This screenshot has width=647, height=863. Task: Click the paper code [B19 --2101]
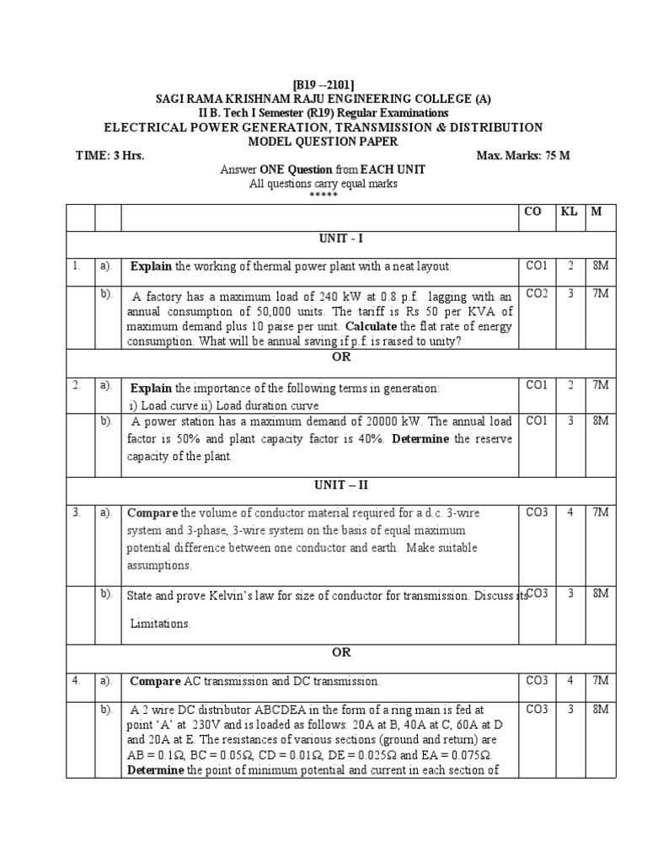(x=323, y=85)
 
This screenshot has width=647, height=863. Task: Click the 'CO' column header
(x=532, y=212)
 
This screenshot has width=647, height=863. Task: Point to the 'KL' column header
(x=569, y=212)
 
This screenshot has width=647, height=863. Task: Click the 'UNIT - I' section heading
(x=323, y=240)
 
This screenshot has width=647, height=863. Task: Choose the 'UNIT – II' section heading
(x=323, y=485)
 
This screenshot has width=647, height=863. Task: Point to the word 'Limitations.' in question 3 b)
(x=160, y=624)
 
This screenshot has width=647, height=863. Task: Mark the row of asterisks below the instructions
(x=323, y=196)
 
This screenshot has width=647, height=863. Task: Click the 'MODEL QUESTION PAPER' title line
(x=323, y=141)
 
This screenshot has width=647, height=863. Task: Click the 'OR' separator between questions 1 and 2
(x=323, y=357)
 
